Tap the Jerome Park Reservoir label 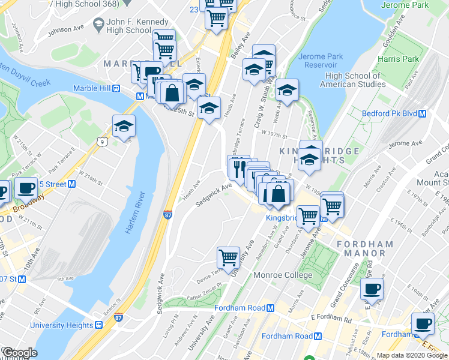[x=321, y=61]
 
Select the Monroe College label [x=285, y=275]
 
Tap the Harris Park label [x=399, y=59]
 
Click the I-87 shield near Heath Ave [x=169, y=214]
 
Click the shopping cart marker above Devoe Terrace [x=228, y=257]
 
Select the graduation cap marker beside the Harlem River [x=124, y=126]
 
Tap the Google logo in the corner [x=19, y=352]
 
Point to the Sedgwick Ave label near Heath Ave [x=213, y=196]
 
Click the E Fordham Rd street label [x=331, y=317]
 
